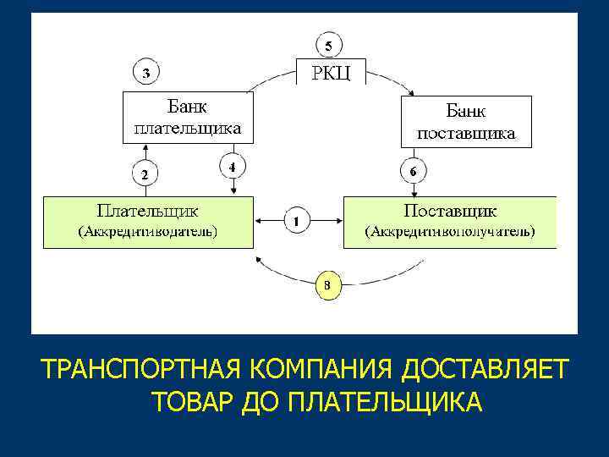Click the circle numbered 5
coord(330,44)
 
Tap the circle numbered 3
coord(146,73)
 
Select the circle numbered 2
coord(145,175)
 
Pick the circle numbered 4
coord(232,167)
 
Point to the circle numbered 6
coord(412,172)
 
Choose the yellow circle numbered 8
coord(329,285)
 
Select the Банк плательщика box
coord(188,118)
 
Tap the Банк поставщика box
coord(466,121)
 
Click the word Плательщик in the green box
coord(148,208)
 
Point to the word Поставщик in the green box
coord(450,209)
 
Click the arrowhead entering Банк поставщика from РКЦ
coord(410,92)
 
